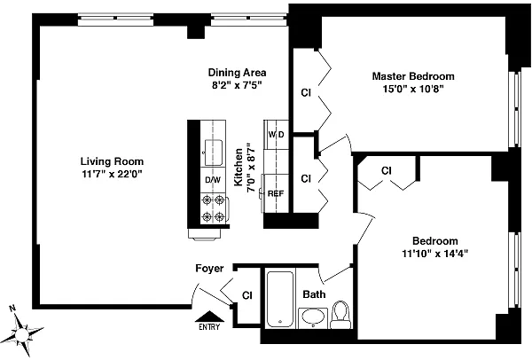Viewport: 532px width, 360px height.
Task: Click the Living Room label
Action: click(112, 161)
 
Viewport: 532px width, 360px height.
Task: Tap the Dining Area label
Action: click(237, 73)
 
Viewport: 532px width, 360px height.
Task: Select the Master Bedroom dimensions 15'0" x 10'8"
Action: click(413, 89)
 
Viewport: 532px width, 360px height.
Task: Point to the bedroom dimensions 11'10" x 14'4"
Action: click(435, 254)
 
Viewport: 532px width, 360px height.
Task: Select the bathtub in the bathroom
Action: click(279, 299)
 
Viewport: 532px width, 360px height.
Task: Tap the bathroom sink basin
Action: click(313, 317)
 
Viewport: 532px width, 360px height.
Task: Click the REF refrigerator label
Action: click(276, 193)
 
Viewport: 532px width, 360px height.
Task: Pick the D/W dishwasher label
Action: click(213, 180)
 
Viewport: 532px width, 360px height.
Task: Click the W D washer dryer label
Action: click(276, 135)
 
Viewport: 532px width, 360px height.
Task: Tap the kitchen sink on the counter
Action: click(213, 148)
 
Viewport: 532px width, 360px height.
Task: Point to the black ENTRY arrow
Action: click(209, 317)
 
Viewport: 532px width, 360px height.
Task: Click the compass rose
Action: click(23, 333)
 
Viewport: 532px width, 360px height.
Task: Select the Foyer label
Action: click(209, 269)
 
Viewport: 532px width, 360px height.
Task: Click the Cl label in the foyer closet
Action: click(247, 295)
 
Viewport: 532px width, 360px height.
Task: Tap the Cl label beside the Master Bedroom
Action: click(306, 92)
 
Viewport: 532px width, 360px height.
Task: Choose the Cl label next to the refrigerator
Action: click(306, 178)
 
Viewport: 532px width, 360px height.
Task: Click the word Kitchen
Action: click(239, 167)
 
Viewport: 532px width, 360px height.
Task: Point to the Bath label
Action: click(314, 294)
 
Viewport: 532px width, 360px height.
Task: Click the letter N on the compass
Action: click(12, 309)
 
